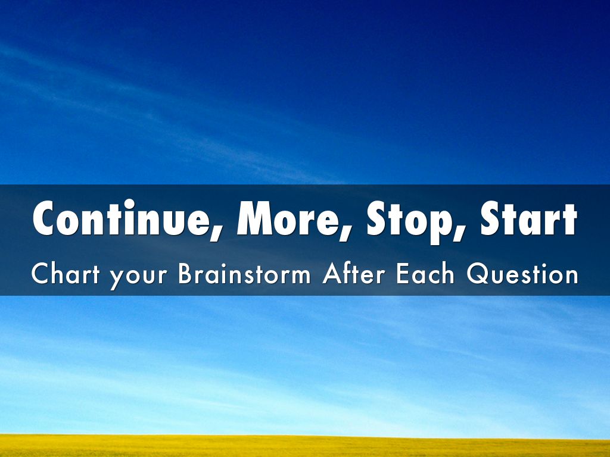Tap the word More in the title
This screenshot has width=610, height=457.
pos(287,218)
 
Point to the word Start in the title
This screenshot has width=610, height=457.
pos(528,218)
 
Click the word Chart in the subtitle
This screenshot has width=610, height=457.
pos(66,273)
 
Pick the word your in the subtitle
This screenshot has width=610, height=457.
pos(138,277)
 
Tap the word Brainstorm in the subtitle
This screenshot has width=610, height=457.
pos(244,273)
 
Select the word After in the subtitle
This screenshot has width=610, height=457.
pos(354,273)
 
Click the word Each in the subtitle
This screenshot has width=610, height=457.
pos(425,273)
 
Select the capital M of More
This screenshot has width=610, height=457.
pos(254,218)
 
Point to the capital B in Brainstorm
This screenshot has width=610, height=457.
pos(186,274)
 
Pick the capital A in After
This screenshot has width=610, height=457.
pos(332,274)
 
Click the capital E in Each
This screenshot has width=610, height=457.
pos(403,274)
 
